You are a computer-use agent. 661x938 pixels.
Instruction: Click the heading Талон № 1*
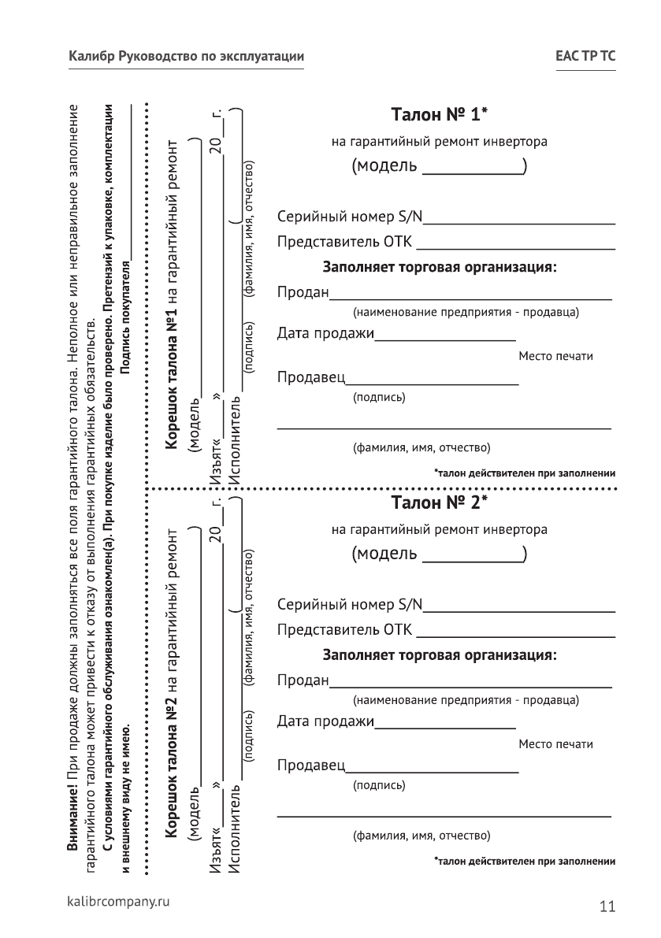click(439, 115)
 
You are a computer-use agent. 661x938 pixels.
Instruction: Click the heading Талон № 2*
click(439, 502)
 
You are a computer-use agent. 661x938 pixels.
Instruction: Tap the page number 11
click(607, 906)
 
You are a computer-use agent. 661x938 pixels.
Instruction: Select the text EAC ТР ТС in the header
click(585, 57)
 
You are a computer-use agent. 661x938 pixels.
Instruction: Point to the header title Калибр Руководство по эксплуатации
click(186, 57)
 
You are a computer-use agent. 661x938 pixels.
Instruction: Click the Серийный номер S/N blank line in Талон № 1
click(518, 223)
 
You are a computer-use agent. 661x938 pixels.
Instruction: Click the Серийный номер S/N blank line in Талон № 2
click(518, 610)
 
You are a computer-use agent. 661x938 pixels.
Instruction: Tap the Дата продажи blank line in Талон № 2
click(445, 727)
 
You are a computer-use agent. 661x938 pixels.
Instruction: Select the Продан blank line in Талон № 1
click(470, 298)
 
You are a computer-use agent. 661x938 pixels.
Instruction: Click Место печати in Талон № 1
click(555, 357)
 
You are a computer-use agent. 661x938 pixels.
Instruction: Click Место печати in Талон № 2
click(555, 744)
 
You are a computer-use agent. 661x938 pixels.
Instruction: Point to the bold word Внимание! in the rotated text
click(73, 824)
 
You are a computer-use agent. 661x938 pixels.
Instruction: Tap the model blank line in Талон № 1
click(473, 172)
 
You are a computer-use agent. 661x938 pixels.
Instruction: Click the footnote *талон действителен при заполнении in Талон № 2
click(524, 861)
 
